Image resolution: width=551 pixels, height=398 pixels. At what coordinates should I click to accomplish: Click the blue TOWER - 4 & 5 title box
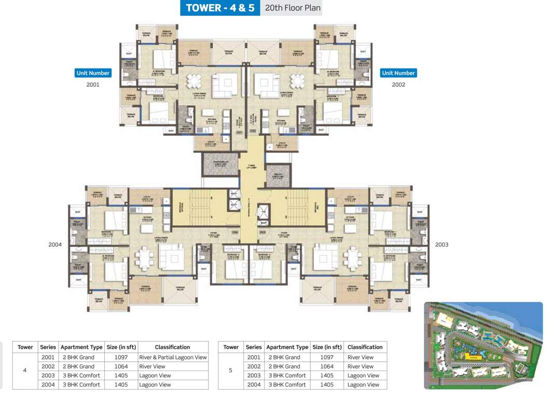[220, 8]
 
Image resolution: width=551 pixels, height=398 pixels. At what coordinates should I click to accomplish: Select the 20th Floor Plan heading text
[292, 8]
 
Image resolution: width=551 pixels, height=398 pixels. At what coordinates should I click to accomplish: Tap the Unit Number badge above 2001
[93, 73]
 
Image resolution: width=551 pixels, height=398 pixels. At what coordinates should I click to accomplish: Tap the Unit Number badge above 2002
[398, 73]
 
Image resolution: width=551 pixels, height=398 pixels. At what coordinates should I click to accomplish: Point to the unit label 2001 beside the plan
[93, 84]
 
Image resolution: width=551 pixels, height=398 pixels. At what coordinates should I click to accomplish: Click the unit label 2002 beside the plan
[398, 84]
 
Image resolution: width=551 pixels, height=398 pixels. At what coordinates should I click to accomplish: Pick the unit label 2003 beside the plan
[442, 244]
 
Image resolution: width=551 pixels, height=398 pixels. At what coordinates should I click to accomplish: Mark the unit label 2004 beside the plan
[55, 244]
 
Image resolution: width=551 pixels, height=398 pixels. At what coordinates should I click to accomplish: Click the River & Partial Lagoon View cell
[173, 357]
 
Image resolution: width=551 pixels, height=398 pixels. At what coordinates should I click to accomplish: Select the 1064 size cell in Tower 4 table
[121, 366]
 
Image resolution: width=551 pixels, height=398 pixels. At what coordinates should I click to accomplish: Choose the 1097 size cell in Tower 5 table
[327, 357]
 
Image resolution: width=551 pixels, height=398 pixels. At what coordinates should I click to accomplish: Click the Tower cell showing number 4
[25, 371]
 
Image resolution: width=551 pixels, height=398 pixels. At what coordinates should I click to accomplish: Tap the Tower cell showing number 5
[231, 371]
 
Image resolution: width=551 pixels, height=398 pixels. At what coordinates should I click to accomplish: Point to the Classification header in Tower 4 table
[173, 347]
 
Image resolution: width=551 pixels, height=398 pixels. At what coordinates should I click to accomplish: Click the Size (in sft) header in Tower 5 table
[327, 347]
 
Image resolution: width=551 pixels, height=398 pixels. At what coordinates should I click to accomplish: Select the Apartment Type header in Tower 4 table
[81, 347]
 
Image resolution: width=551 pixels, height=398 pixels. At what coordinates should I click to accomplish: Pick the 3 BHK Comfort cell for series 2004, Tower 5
[287, 385]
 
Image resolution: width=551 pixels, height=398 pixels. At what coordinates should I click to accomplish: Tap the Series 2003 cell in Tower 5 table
[254, 375]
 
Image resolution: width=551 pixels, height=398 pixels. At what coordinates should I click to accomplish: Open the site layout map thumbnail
[483, 345]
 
